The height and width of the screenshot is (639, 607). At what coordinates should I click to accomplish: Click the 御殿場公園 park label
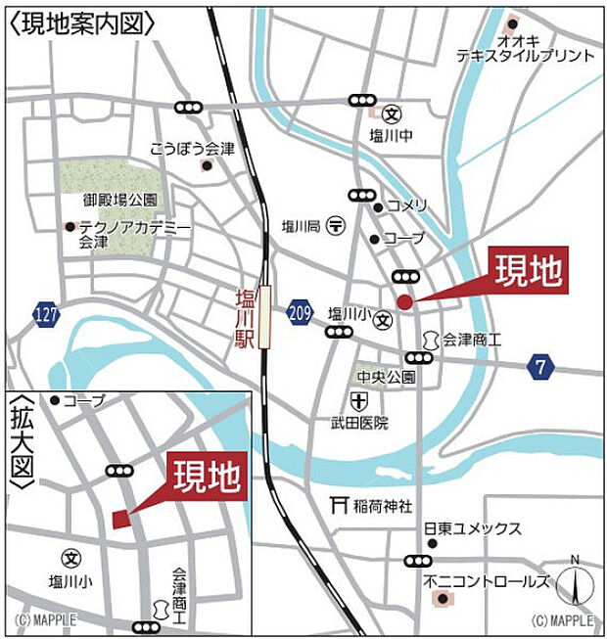point(120,200)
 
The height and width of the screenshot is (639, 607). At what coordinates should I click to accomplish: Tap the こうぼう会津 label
point(193,149)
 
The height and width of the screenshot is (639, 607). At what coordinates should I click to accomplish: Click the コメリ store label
point(406,205)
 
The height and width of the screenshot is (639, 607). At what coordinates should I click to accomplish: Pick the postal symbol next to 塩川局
point(336,224)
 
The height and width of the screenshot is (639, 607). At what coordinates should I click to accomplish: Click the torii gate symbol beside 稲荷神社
point(340,506)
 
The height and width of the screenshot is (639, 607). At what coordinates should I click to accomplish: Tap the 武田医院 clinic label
point(359,423)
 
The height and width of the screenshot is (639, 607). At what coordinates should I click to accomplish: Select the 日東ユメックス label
point(472,527)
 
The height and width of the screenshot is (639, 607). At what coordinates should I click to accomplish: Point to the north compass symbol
point(575,585)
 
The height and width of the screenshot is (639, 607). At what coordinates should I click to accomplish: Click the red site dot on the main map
point(404,302)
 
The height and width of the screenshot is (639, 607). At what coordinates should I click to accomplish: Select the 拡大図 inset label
point(22,440)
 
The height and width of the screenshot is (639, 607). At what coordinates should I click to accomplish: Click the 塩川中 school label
point(391,135)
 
